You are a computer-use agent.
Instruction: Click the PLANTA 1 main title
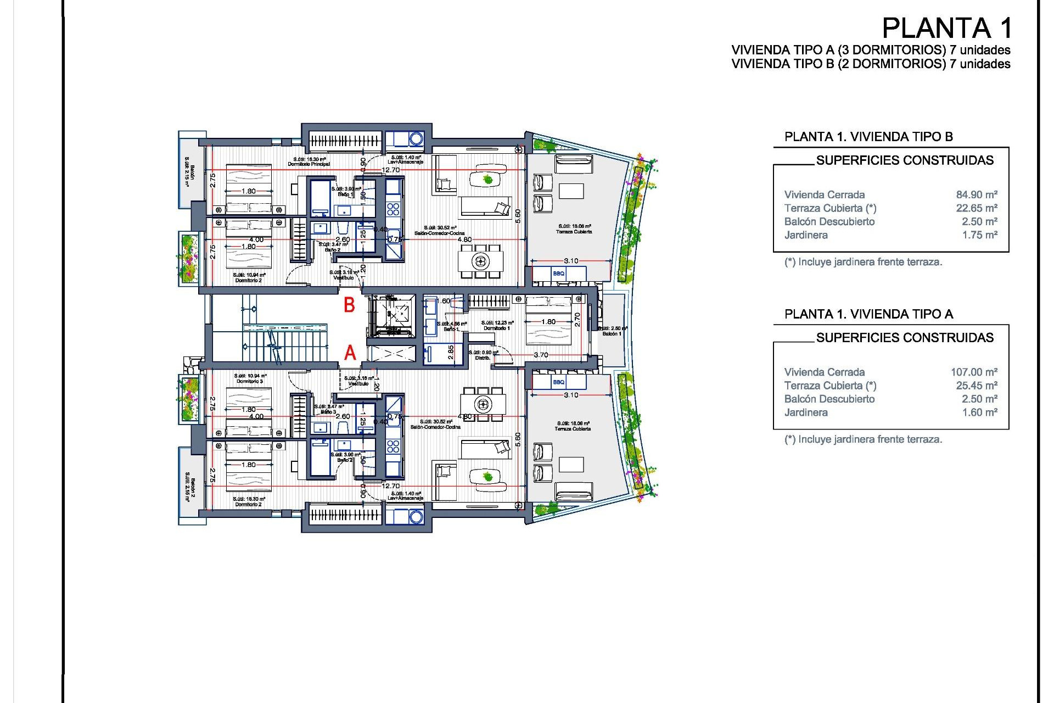tap(946, 28)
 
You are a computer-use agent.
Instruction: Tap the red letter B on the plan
tap(349, 305)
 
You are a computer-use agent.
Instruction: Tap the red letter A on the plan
tap(350, 353)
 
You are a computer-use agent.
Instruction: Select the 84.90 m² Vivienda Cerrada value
tap(976, 194)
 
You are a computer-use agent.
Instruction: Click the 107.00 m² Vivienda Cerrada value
tap(974, 372)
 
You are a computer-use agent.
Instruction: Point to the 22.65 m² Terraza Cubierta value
tap(976, 208)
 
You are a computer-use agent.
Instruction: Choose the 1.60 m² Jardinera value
tap(979, 412)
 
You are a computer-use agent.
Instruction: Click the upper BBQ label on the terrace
tap(558, 274)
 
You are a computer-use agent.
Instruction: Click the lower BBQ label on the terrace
tap(558, 382)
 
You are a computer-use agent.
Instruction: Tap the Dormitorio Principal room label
tap(309, 164)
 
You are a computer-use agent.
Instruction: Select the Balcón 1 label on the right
tap(612, 333)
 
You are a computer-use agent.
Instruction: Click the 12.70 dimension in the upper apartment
tap(391, 170)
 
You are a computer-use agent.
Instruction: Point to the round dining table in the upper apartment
tap(481, 261)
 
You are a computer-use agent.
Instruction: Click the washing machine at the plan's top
tap(416, 138)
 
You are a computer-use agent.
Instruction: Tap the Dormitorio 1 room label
tap(497, 328)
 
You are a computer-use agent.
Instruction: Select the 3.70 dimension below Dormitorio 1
tap(541, 355)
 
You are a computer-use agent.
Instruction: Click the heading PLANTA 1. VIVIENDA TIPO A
tap(868, 314)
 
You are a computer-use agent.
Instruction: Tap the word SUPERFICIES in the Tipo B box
tap(850, 160)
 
